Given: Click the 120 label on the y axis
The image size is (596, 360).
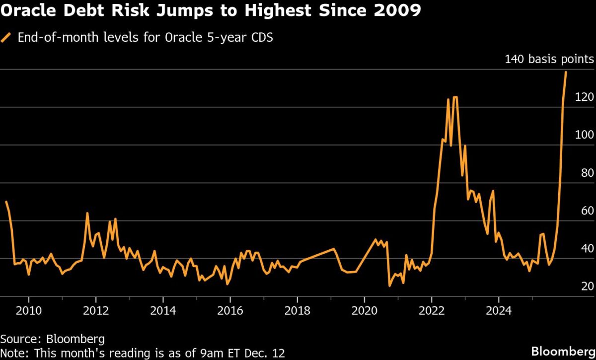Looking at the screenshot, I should pos(585,97).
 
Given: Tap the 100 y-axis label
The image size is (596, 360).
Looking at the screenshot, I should pos(585,135).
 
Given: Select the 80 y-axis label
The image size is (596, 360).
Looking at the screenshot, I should pos(588,173).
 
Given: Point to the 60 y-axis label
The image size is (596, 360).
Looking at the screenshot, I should pos(588,211).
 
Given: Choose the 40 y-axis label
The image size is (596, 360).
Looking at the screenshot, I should pos(588,248).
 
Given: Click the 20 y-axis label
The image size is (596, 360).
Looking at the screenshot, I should pos(588,286).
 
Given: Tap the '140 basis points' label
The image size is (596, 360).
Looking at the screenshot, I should pos(549,60).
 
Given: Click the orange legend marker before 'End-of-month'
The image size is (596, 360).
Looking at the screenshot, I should pos(7,38).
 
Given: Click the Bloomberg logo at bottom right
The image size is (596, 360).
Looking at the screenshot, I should pos(563,351).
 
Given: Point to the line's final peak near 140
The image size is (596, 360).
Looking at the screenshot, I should pos(566,72).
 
